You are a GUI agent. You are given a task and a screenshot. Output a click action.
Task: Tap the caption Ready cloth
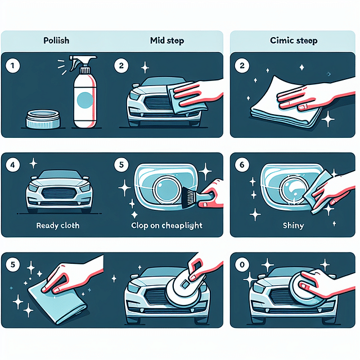(58, 226)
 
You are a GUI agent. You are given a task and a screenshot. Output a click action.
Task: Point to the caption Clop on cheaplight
(167, 226)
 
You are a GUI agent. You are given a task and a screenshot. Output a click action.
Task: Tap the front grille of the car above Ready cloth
(58, 199)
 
